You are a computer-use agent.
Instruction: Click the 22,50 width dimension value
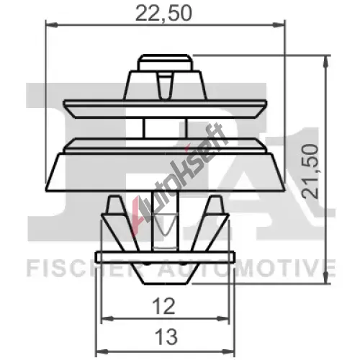163,14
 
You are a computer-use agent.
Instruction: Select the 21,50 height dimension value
310,171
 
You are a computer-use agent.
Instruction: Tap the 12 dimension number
164,306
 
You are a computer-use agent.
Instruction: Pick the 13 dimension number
166,337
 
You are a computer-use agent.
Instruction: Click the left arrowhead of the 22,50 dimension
52,24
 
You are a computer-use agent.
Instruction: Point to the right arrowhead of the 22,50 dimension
279,24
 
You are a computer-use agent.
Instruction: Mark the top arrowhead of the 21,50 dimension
325,61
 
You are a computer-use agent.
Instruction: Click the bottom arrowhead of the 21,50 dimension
325,277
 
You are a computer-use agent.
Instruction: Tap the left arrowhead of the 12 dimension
107,319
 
